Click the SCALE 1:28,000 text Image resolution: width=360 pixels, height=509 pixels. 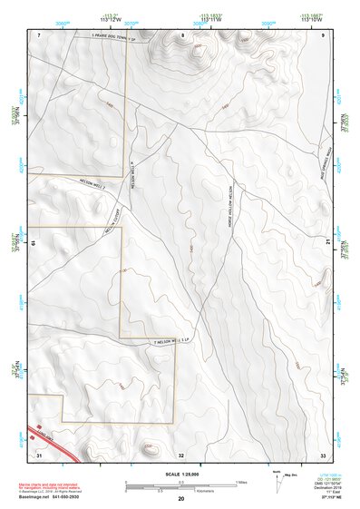pyautogui.click(x=180, y=475)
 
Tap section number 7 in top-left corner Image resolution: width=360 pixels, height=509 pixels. pyautogui.click(x=40, y=34)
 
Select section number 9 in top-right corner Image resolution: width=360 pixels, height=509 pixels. pyautogui.click(x=324, y=34)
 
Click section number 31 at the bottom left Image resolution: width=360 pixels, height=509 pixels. pyautogui.click(x=39, y=454)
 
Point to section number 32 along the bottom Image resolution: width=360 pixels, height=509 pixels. pyautogui.click(x=181, y=455)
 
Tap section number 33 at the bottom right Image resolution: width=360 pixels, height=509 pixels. pyautogui.click(x=323, y=454)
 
